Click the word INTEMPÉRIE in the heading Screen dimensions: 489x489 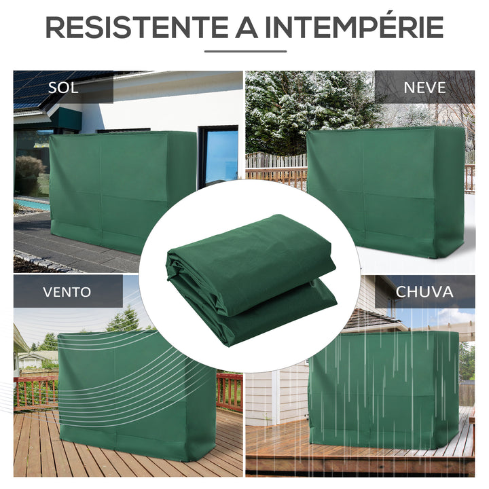pyautogui.click(x=355, y=27)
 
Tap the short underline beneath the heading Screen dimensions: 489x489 pyautogui.click(x=244, y=51)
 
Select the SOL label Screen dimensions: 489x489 pyautogui.click(x=62, y=88)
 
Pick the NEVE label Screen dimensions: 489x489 pyautogui.click(x=424, y=87)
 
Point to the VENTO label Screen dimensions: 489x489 pyautogui.click(x=67, y=292)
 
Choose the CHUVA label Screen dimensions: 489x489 pyautogui.click(x=424, y=292)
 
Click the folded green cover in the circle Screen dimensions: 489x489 pyautogui.click(x=251, y=278)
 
